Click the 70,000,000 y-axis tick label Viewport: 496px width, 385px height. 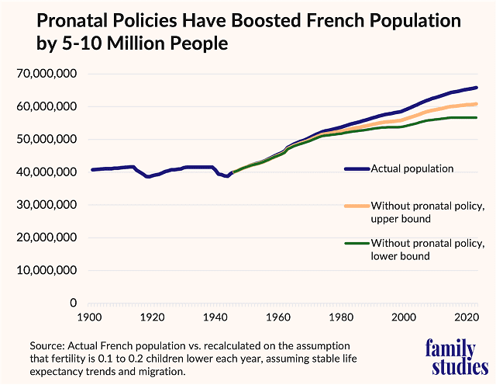click(46, 74)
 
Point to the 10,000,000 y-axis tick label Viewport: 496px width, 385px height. click(46, 270)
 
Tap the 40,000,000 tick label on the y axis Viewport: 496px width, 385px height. click(46, 172)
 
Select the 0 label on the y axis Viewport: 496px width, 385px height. click(74, 303)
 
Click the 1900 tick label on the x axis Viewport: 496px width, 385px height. click(89, 317)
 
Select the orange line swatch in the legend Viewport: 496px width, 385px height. click(356, 206)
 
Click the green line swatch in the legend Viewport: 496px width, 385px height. click(356, 244)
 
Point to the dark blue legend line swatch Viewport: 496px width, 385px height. click(356, 168)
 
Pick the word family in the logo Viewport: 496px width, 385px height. click(451, 348)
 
